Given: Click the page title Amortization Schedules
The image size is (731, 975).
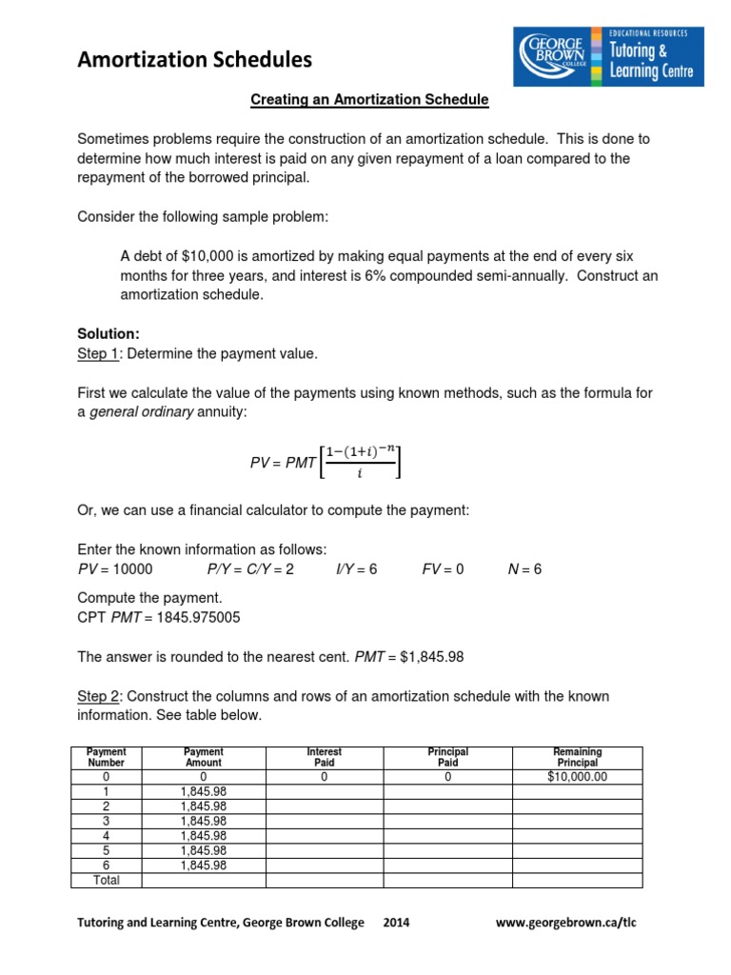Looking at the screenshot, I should point(194,60).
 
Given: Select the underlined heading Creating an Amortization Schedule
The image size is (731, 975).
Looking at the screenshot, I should point(368,99).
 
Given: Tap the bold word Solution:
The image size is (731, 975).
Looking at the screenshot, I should point(108,335).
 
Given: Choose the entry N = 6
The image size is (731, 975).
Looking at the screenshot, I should point(524,568).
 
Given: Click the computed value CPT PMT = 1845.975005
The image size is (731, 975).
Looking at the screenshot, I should point(158,617).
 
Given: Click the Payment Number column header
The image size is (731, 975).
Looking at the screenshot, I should point(106,757).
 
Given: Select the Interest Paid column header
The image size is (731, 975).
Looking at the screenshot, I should point(324,757).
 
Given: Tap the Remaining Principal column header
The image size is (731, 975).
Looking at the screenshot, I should point(577,757).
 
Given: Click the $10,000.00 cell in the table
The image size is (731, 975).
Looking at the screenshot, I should point(577,777).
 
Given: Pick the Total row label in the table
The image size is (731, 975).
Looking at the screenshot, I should point(106,880).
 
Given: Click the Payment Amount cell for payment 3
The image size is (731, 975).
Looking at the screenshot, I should point(203,821).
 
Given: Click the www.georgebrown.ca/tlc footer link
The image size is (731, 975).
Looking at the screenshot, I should point(573,923).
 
